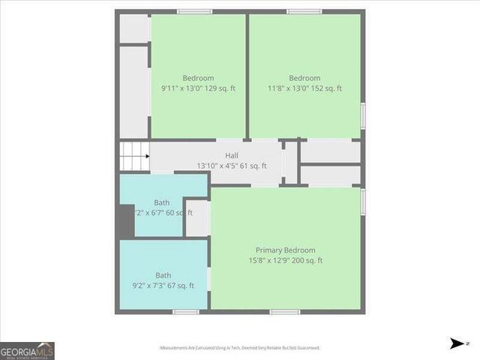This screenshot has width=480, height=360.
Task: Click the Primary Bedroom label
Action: pyautogui.click(x=285, y=250)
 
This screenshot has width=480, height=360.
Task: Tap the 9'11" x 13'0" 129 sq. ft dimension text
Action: pyautogui.click(x=198, y=88)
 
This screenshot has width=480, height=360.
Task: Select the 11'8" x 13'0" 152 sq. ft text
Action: pyautogui.click(x=304, y=88)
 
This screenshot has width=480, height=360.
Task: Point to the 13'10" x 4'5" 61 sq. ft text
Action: pyautogui.click(x=226, y=166)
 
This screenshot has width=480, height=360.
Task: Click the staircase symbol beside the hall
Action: pyautogui.click(x=134, y=157)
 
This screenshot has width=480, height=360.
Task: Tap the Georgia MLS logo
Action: pyautogui.click(x=28, y=350)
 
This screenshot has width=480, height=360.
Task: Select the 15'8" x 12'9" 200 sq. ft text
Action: pyautogui.click(x=285, y=260)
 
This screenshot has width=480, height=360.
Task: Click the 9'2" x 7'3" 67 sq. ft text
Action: pyautogui.click(x=163, y=286)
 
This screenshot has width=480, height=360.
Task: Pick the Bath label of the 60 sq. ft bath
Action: pyautogui.click(x=162, y=202)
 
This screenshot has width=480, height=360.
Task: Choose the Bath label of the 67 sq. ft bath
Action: pyautogui.click(x=163, y=275)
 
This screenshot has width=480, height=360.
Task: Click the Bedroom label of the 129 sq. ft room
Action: pyautogui.click(x=198, y=78)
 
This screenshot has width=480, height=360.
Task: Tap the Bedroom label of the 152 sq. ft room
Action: pyautogui.click(x=304, y=78)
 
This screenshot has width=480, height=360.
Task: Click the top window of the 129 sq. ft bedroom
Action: pyautogui.click(x=194, y=12)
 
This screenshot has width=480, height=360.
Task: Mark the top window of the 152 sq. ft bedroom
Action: pyautogui.click(x=304, y=12)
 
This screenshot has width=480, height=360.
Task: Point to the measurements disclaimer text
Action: pyautogui.click(x=239, y=348)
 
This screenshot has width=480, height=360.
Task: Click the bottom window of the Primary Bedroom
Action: pyautogui.click(x=285, y=312)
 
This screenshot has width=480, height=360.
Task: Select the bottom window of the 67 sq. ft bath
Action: pyautogui.click(x=185, y=312)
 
